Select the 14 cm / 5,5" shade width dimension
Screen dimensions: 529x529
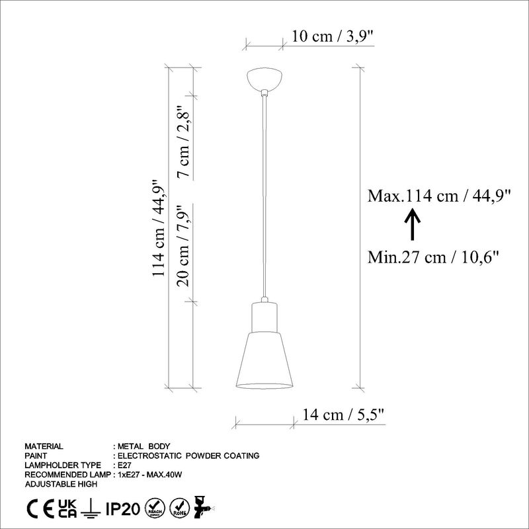(343, 415)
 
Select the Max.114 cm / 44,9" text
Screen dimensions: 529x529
(439, 196)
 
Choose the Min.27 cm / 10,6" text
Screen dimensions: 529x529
(433, 256)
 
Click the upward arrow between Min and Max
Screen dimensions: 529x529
(411, 225)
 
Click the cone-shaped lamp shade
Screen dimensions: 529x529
(264, 360)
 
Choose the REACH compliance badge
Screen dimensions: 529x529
(155, 509)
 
